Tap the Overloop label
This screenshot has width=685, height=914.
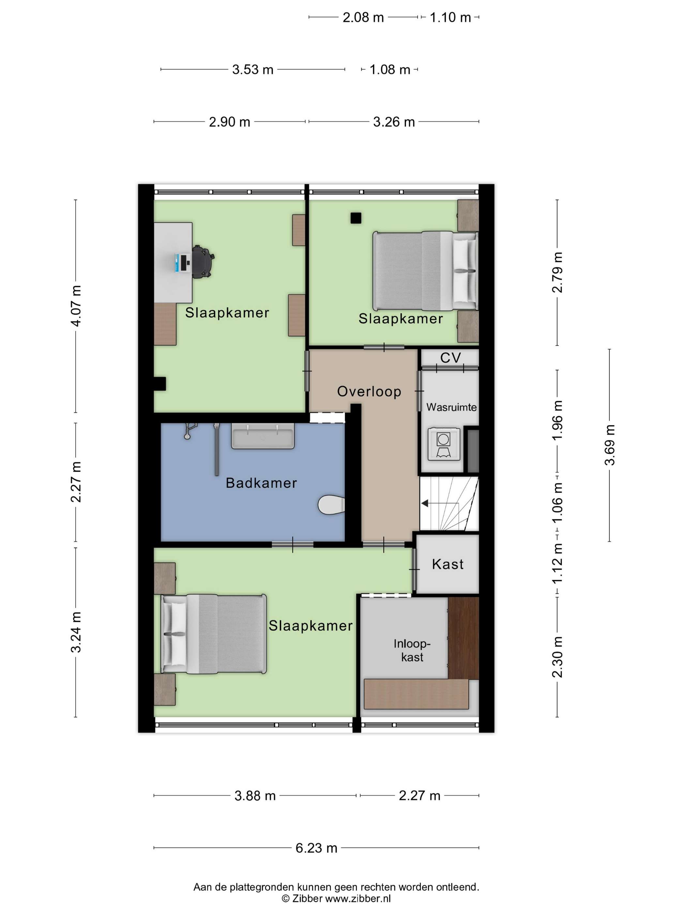[x=369, y=392]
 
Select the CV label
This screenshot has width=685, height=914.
[x=450, y=358]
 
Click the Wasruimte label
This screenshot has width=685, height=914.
[x=451, y=407]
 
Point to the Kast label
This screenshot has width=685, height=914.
[x=448, y=564]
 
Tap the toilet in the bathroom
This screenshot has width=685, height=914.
[x=331, y=505]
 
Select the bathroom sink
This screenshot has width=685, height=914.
[x=263, y=436]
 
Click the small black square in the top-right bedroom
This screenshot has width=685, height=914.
[x=356, y=218]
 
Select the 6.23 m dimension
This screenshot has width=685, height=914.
[x=316, y=848]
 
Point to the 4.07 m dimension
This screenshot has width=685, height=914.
[x=76, y=306]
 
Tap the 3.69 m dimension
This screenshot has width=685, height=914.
[x=610, y=445]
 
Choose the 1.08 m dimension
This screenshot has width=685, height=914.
[x=390, y=70]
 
